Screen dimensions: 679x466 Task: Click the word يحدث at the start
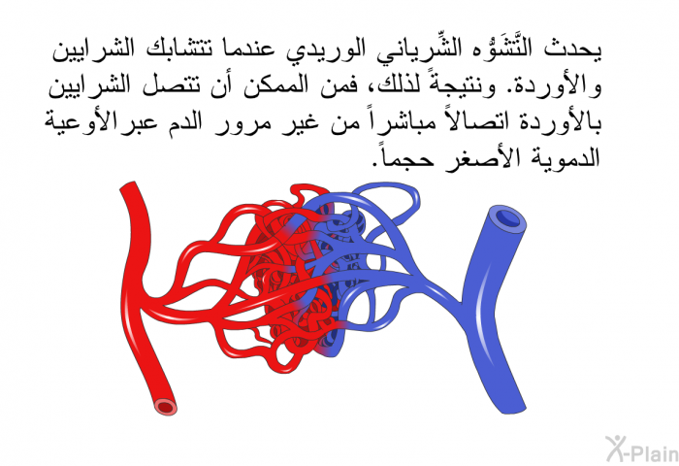pyautogui.click(x=573, y=49)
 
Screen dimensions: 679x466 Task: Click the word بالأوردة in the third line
pyautogui.click(x=556, y=121)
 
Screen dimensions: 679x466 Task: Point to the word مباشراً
pyautogui.click(x=398, y=121)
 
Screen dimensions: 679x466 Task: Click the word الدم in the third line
pyautogui.click(x=184, y=121)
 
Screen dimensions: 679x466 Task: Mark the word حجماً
pyautogui.click(x=404, y=158)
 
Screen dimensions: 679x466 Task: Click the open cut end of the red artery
pyautogui.click(x=166, y=407)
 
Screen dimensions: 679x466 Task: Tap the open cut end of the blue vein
pyautogui.click(x=508, y=217)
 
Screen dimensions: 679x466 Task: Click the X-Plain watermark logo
pyautogui.click(x=642, y=449)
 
